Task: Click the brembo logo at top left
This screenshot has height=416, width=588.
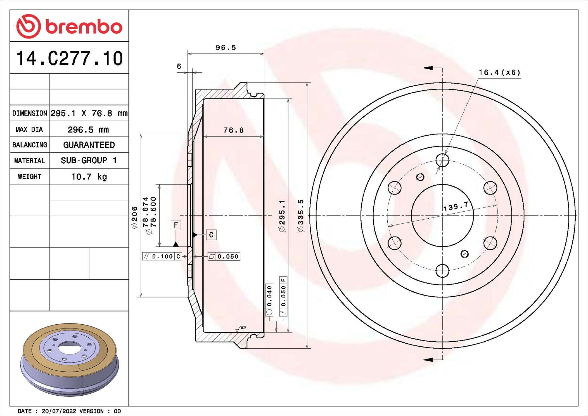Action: [x=69, y=26]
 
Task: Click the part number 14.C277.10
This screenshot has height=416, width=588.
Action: [x=70, y=58]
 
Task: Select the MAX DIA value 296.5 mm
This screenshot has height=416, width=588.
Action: [x=88, y=130]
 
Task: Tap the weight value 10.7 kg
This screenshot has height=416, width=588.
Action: [x=89, y=177]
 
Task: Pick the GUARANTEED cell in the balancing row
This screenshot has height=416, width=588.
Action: [x=89, y=145]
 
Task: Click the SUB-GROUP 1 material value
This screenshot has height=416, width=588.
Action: [x=89, y=160]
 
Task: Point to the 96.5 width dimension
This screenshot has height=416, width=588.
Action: [x=226, y=48]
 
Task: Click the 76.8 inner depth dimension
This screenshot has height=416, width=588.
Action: [x=234, y=130]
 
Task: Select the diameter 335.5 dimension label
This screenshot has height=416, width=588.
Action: [x=300, y=216]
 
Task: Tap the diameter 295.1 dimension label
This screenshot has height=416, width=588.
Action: [x=282, y=216]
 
